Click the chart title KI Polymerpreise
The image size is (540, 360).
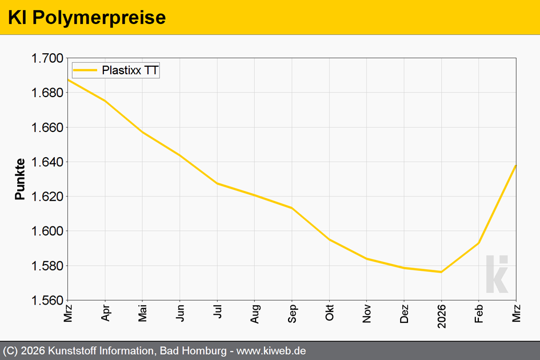tap(87, 18)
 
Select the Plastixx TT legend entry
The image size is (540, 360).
tap(115, 70)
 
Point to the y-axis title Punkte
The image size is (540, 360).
tap(20, 179)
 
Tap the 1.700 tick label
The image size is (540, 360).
tap(47, 58)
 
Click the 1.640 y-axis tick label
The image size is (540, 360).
tap(47, 162)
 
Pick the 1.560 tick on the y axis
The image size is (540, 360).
tap(47, 301)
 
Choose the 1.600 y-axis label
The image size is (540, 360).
tap(47, 231)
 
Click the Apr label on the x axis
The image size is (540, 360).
tap(105, 313)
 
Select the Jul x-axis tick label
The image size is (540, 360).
tap(218, 311)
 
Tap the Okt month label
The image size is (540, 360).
tap(330, 313)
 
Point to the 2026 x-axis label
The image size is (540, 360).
tap(442, 316)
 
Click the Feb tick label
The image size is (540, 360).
tap(479, 314)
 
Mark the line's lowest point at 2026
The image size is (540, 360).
tap(441, 272)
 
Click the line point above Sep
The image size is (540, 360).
tap(292, 208)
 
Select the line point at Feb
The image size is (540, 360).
tap(479, 243)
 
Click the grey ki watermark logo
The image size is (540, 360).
tap(497, 274)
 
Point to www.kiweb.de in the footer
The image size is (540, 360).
tap(271, 351)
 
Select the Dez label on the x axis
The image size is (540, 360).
tap(405, 314)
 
